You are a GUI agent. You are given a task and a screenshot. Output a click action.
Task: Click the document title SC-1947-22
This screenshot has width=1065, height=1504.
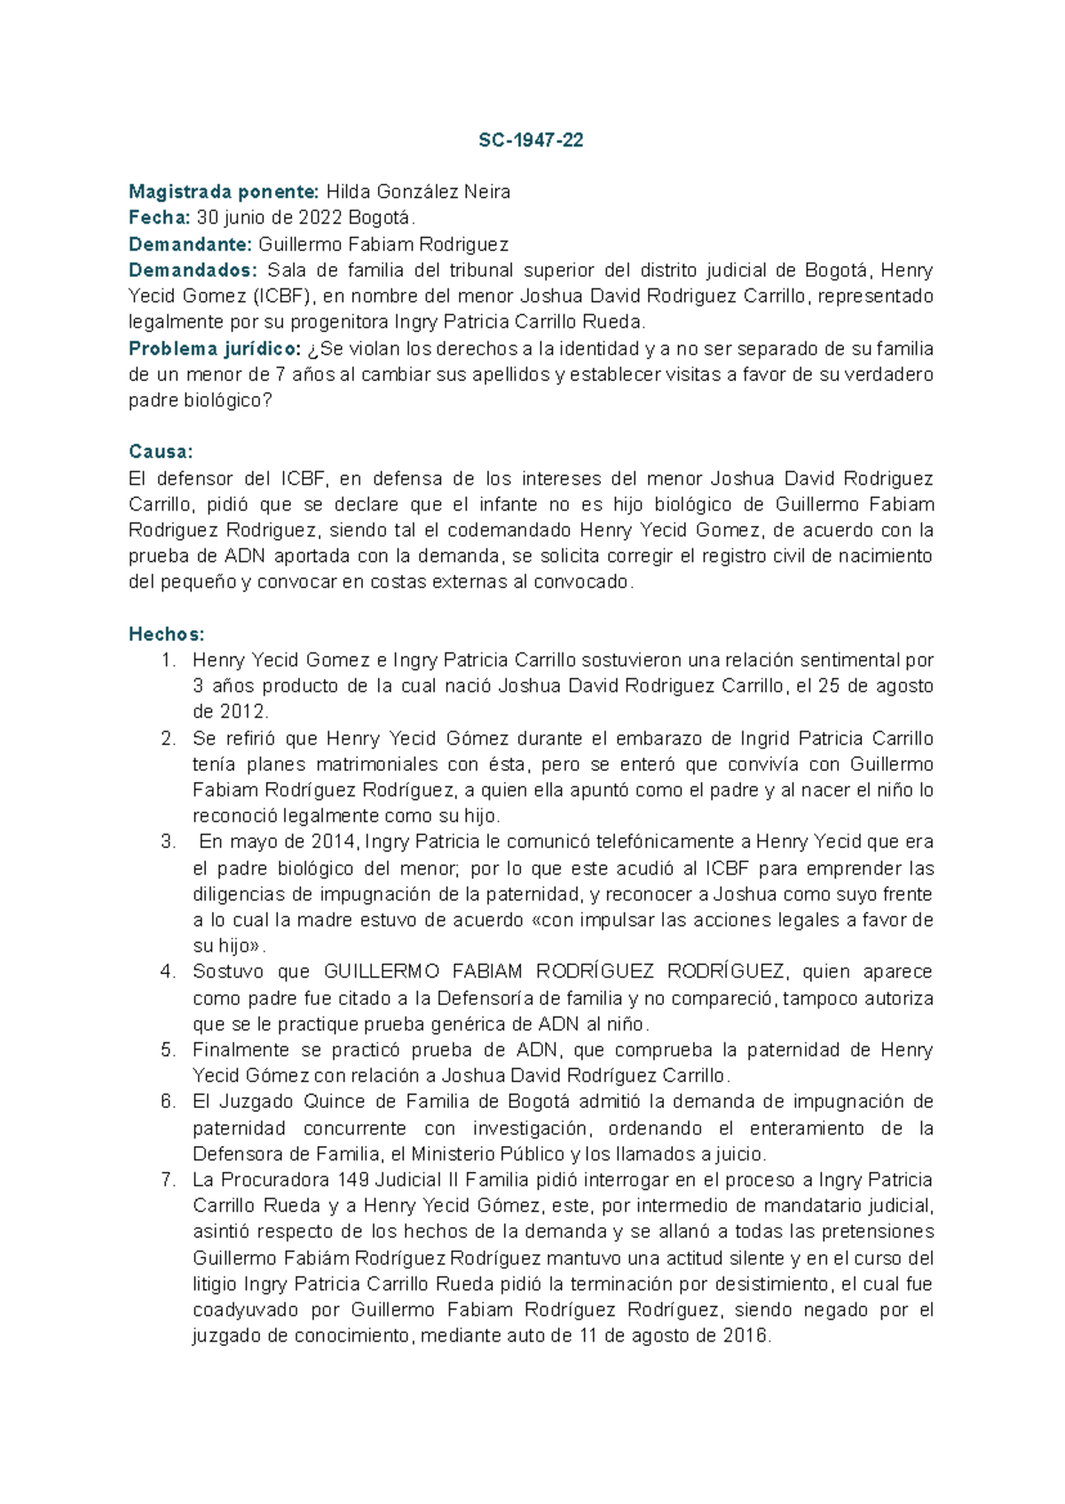coord(531,140)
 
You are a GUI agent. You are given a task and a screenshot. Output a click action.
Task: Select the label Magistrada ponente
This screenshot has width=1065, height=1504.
coord(224,192)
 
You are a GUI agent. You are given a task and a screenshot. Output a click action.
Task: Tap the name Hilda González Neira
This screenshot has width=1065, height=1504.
coord(418,192)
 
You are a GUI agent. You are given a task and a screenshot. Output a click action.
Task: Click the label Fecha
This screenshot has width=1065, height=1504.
coord(159,218)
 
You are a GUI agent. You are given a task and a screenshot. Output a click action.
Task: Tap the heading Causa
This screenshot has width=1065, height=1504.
coord(160,452)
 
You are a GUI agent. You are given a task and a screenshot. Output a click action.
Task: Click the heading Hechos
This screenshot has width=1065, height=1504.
coord(166,634)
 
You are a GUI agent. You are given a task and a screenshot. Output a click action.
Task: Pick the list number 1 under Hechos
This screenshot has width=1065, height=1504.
coord(168,661)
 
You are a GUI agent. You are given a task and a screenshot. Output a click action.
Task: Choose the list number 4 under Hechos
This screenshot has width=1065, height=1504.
coord(168,971)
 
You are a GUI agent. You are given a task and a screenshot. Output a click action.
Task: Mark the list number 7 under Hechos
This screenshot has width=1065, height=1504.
coord(168,1180)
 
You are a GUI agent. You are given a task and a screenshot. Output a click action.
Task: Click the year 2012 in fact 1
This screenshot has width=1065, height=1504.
coord(241,712)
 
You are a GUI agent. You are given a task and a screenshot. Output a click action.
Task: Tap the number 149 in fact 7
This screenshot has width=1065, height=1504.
coord(356,1180)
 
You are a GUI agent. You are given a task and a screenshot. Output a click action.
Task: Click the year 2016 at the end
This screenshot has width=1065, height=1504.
coord(745,1335)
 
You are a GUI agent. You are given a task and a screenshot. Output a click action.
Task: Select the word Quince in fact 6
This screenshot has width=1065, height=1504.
coord(334,1102)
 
